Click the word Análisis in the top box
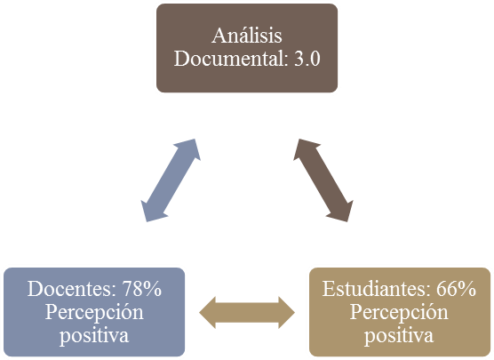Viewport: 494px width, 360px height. (x=247, y=36)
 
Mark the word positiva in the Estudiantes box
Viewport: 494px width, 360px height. (x=399, y=336)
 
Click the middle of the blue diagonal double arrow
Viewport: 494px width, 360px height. (x=171, y=180)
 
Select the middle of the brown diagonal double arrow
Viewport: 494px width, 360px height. (x=323, y=180)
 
